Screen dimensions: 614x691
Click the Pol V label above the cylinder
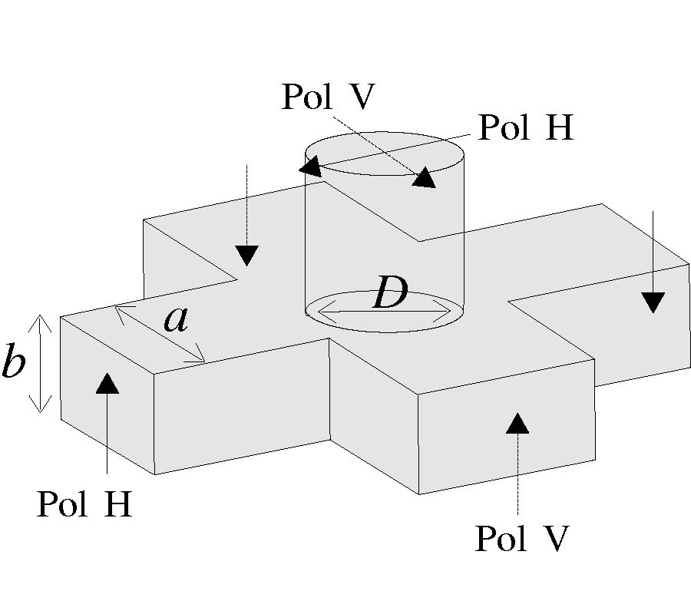328,97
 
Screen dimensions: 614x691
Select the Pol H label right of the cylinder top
526,127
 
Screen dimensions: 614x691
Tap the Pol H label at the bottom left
85,505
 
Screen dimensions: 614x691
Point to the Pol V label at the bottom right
522,539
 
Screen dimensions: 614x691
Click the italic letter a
176,319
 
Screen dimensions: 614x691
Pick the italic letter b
13,364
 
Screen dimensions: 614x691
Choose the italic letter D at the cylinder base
390,293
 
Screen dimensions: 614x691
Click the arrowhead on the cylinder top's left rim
310,166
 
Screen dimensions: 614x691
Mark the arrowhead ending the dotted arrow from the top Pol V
423,178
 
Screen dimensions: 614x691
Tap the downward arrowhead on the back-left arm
246,255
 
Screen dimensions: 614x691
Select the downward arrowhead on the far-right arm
653,302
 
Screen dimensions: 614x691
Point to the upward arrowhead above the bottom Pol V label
518,423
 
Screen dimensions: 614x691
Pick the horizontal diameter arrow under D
383,312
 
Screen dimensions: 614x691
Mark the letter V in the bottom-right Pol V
555,539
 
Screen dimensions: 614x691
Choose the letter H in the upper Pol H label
557,127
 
